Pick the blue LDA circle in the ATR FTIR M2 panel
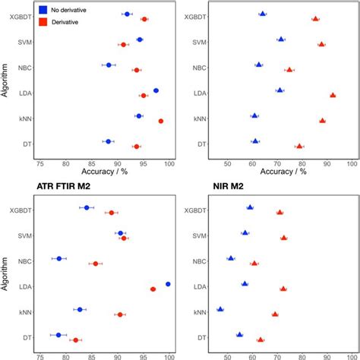(x=168, y=284)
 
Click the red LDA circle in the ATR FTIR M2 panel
(x=153, y=289)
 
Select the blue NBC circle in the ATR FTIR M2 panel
(x=59, y=258)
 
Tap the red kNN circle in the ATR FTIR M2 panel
(x=120, y=314)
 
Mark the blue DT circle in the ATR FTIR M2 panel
(x=58, y=335)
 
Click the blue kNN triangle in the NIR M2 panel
(x=220, y=309)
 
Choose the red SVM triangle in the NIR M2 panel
(x=284, y=238)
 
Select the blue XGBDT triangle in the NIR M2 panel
(x=250, y=207)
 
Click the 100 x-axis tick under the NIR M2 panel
(x=352, y=355)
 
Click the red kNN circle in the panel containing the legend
(x=160, y=121)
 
